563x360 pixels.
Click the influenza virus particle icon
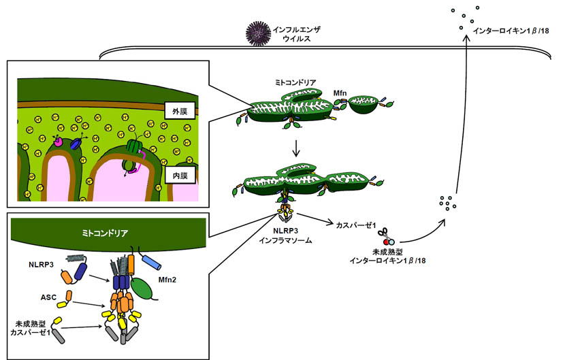258,33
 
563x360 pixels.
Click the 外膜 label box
180,111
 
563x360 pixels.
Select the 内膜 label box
180,176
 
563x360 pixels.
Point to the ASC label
48,297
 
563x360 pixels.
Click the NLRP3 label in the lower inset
41,265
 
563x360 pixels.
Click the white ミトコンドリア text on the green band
105,233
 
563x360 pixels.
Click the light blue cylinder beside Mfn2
152,263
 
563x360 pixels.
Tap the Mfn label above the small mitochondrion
340,93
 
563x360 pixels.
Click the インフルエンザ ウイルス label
296,34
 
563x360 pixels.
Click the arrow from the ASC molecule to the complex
89,304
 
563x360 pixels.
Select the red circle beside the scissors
386,242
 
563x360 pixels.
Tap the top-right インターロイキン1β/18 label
511,31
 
